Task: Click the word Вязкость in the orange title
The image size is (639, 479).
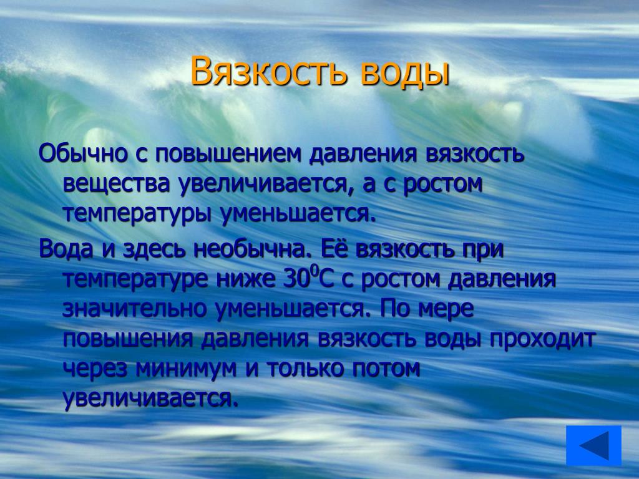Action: click(269, 72)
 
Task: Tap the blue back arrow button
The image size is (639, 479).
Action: click(593, 445)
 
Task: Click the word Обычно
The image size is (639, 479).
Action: click(83, 154)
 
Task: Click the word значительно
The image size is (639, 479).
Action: click(135, 309)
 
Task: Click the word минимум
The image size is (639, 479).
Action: click(186, 369)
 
